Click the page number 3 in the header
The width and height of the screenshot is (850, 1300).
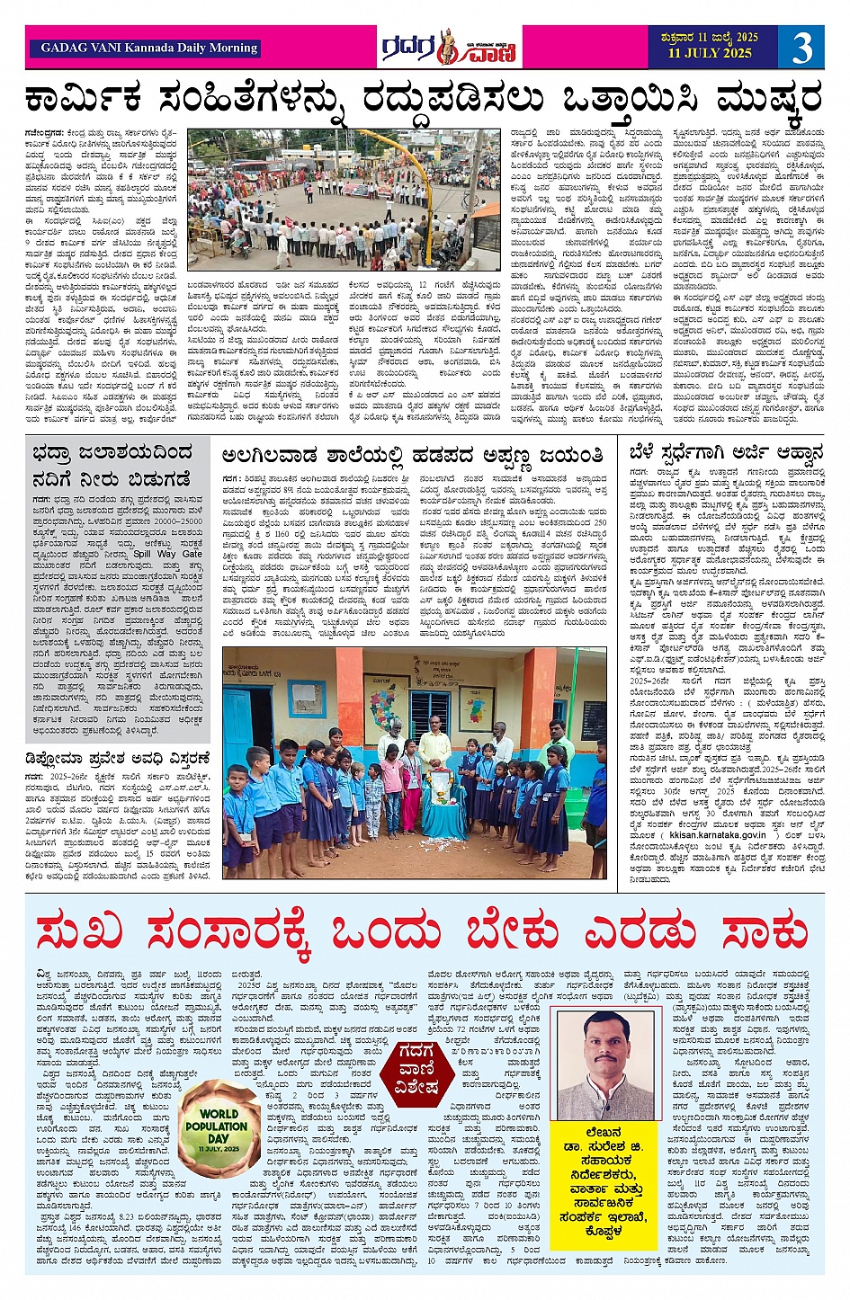801,47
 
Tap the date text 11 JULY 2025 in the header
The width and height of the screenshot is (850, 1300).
710,53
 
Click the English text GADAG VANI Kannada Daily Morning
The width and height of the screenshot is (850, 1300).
149,48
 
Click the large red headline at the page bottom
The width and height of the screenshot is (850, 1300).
424,932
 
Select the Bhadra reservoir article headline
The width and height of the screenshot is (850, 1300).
112,464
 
